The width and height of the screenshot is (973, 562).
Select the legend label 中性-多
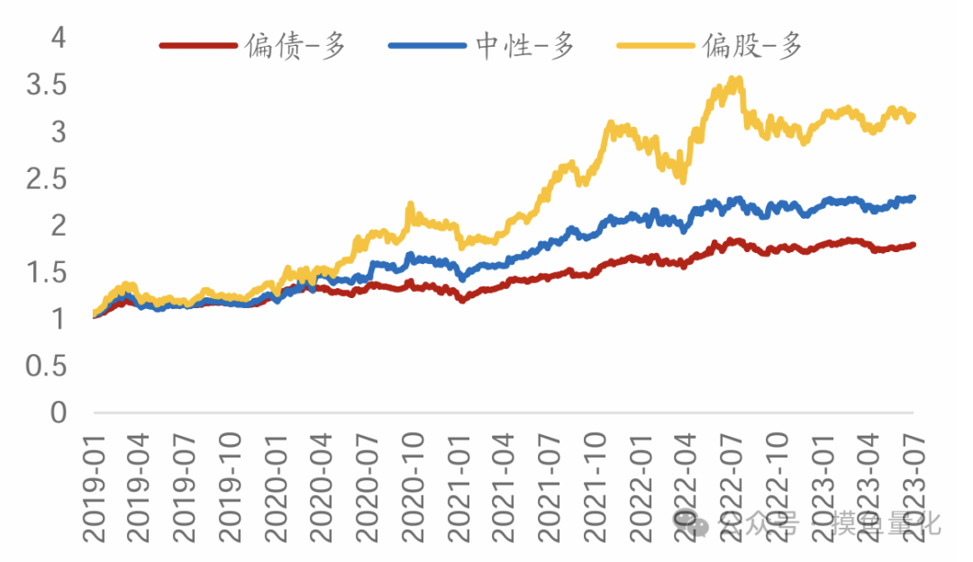525,44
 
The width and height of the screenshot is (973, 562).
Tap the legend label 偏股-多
753,44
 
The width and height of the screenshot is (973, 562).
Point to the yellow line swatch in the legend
656,44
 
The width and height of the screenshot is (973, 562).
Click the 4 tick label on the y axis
59,38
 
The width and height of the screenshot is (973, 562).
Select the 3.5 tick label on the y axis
47,86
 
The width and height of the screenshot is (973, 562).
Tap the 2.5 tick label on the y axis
47,179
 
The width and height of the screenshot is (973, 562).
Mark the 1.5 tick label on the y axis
47,273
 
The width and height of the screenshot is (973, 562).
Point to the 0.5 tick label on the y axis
47,367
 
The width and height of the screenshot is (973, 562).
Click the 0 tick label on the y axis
59,413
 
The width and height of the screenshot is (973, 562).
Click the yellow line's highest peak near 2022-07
737,79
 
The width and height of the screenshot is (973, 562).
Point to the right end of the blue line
913,197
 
